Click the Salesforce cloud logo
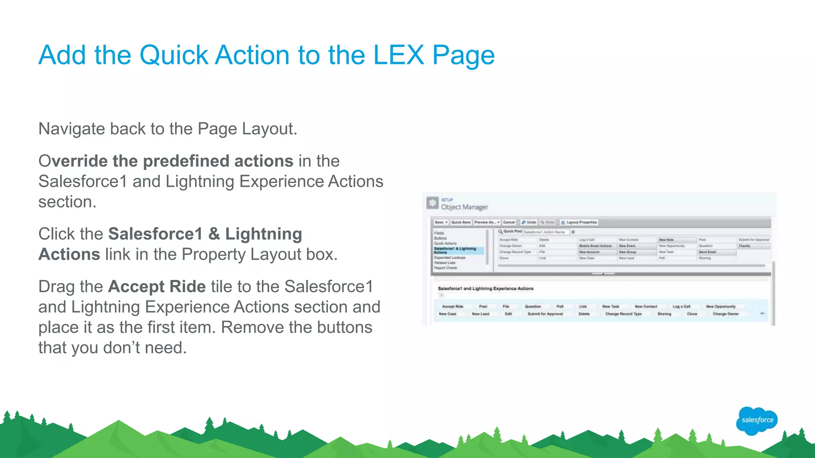757,420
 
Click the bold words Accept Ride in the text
157,287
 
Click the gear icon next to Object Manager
432,203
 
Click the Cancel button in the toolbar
509,222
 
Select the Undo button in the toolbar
529,222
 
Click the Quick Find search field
545,232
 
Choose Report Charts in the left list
445,268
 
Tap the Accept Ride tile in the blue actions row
452,307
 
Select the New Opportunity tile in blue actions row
721,307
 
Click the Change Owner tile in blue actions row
725,314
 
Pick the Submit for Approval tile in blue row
545,314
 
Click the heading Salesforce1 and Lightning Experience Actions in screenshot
485,289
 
